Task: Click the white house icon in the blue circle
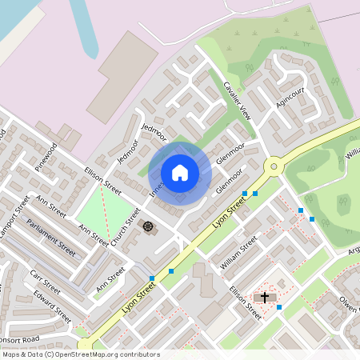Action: [180, 172]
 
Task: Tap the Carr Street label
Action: [45, 281]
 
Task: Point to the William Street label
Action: [238, 252]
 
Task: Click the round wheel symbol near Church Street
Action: [148, 226]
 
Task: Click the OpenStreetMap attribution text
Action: [81, 354]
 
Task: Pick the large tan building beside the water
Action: [122, 76]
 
